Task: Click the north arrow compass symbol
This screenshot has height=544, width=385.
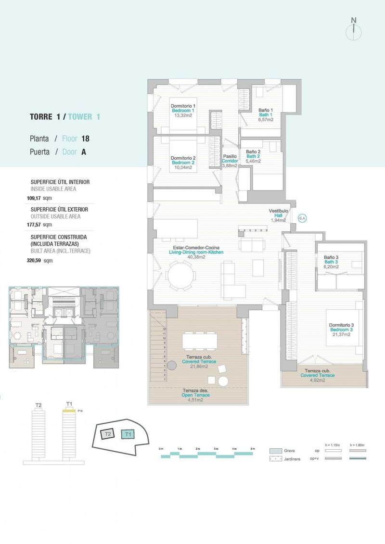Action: (x=354, y=29)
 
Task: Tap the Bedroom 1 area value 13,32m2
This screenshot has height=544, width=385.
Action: (x=183, y=115)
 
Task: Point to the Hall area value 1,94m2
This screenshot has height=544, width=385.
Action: (x=278, y=220)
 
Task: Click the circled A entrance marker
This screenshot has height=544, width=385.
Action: (x=303, y=218)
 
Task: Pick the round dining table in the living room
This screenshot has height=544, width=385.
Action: (x=182, y=277)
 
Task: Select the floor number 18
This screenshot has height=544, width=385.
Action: (x=85, y=139)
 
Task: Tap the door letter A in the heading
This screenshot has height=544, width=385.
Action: (x=84, y=152)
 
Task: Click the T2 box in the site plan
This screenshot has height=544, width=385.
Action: (x=108, y=433)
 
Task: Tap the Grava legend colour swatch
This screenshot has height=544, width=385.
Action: (x=275, y=451)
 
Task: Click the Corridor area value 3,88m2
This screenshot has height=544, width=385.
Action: (x=230, y=166)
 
